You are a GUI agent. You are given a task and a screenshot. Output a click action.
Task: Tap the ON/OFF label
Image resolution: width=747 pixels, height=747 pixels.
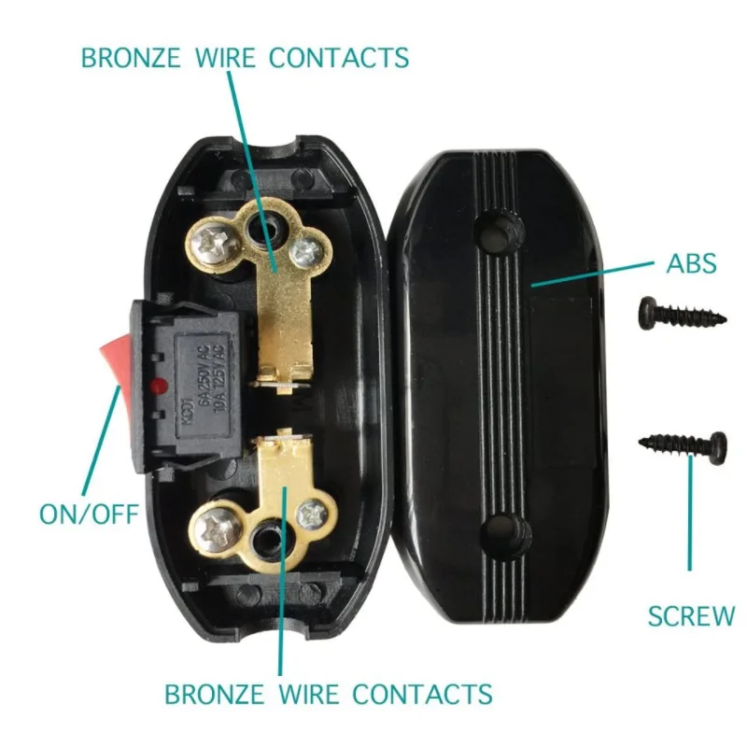coord(89,514)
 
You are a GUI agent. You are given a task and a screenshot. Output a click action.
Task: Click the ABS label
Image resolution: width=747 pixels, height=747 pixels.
coord(692,263)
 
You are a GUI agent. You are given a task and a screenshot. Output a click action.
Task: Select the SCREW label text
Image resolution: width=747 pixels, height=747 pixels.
coord(692,616)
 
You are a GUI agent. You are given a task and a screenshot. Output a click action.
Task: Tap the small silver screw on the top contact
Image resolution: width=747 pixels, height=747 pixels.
coord(303,251)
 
